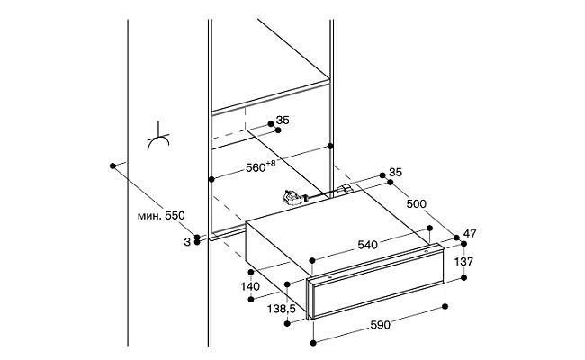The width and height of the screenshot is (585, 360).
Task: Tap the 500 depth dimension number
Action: coord(416,204)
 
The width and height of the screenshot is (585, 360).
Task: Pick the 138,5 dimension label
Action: coord(282,309)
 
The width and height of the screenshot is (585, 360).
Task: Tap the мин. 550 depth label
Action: coord(161,216)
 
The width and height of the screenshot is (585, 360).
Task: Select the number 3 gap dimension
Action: coord(187,242)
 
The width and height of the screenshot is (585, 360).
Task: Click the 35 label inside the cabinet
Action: coord(283,120)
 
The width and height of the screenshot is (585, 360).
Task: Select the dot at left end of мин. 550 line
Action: coord(112,166)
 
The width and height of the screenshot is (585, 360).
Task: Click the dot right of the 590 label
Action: coord(445,307)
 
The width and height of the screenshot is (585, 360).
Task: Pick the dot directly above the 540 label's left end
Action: coord(312,259)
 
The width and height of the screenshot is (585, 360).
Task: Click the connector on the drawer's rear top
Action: coord(345,190)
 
